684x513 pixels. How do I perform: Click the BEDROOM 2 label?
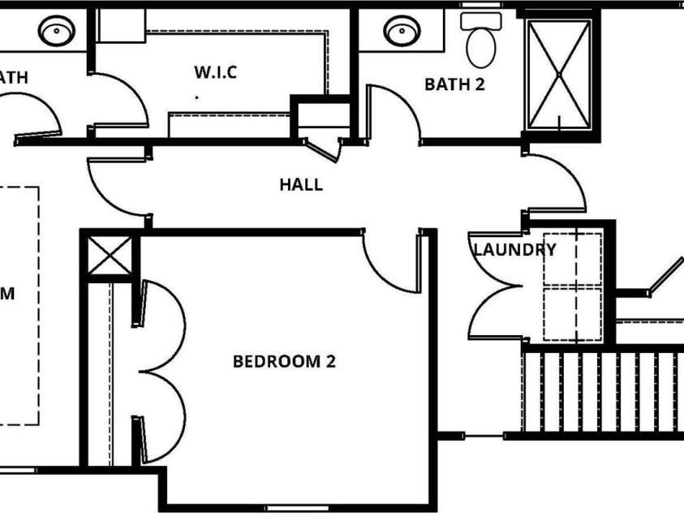tap(283, 361)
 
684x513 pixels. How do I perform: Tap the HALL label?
tap(301, 184)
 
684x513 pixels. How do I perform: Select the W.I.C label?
tap(215, 72)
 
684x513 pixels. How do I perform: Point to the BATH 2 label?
tap(454, 84)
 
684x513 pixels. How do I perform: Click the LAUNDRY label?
tap(514, 250)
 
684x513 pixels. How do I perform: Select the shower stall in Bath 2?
tap(558, 73)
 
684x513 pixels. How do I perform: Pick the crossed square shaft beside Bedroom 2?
tap(109, 256)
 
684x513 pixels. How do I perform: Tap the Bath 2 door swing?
tap(394, 114)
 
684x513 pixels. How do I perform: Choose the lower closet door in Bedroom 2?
tap(162, 414)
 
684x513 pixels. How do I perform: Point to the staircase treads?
tap(600, 391)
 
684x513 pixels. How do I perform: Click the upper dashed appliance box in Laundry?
tap(572, 260)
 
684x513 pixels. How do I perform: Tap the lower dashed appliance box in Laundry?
tap(572, 313)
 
